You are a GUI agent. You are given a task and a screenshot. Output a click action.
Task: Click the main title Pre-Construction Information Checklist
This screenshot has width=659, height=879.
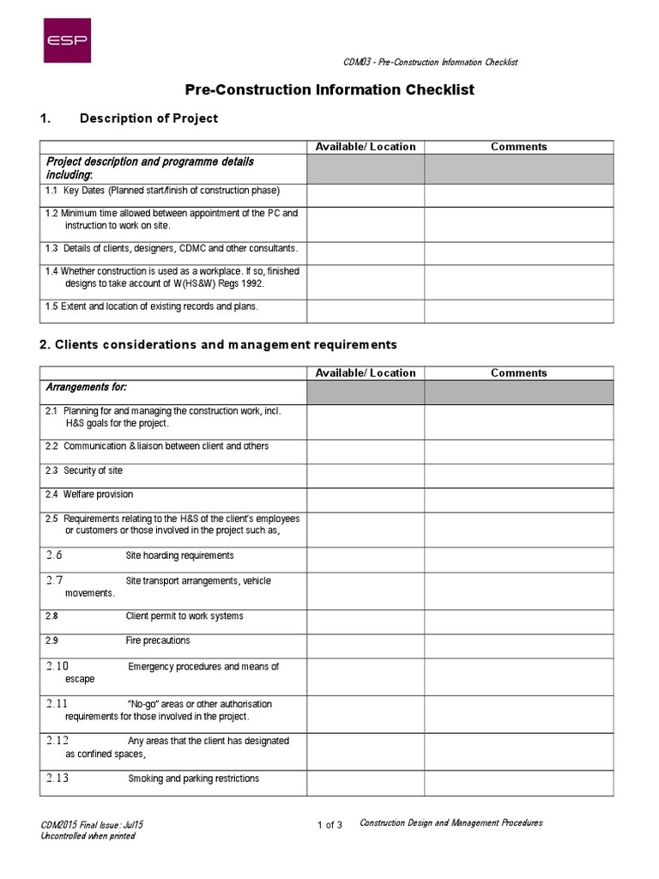click(x=329, y=89)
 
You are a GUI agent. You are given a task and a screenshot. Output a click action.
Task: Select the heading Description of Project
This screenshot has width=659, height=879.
click(x=148, y=118)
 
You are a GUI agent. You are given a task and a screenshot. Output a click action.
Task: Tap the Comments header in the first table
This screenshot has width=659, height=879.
click(x=518, y=147)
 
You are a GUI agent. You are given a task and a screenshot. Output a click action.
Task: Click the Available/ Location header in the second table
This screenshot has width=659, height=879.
click(x=366, y=373)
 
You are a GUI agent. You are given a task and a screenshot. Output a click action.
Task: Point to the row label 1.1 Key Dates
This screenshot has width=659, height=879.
click(x=162, y=191)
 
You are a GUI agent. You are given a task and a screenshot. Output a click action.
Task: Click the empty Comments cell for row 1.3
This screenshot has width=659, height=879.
click(x=518, y=253)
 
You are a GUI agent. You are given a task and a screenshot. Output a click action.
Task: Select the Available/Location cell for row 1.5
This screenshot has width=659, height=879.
click(x=366, y=311)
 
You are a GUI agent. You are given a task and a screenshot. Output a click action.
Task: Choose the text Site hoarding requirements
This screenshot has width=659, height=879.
click(x=179, y=556)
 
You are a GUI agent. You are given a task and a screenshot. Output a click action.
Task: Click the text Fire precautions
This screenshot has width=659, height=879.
click(x=158, y=640)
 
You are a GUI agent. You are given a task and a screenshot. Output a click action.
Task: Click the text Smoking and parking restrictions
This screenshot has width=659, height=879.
click(x=193, y=779)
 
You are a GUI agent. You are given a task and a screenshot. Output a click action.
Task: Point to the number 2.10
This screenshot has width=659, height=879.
click(x=57, y=666)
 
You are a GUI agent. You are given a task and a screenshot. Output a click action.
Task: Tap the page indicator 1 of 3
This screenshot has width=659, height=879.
click(x=329, y=826)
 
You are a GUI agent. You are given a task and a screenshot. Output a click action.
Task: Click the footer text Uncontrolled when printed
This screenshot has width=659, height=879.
click(x=88, y=836)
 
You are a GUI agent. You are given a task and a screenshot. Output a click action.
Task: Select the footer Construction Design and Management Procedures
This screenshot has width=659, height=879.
click(x=450, y=822)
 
